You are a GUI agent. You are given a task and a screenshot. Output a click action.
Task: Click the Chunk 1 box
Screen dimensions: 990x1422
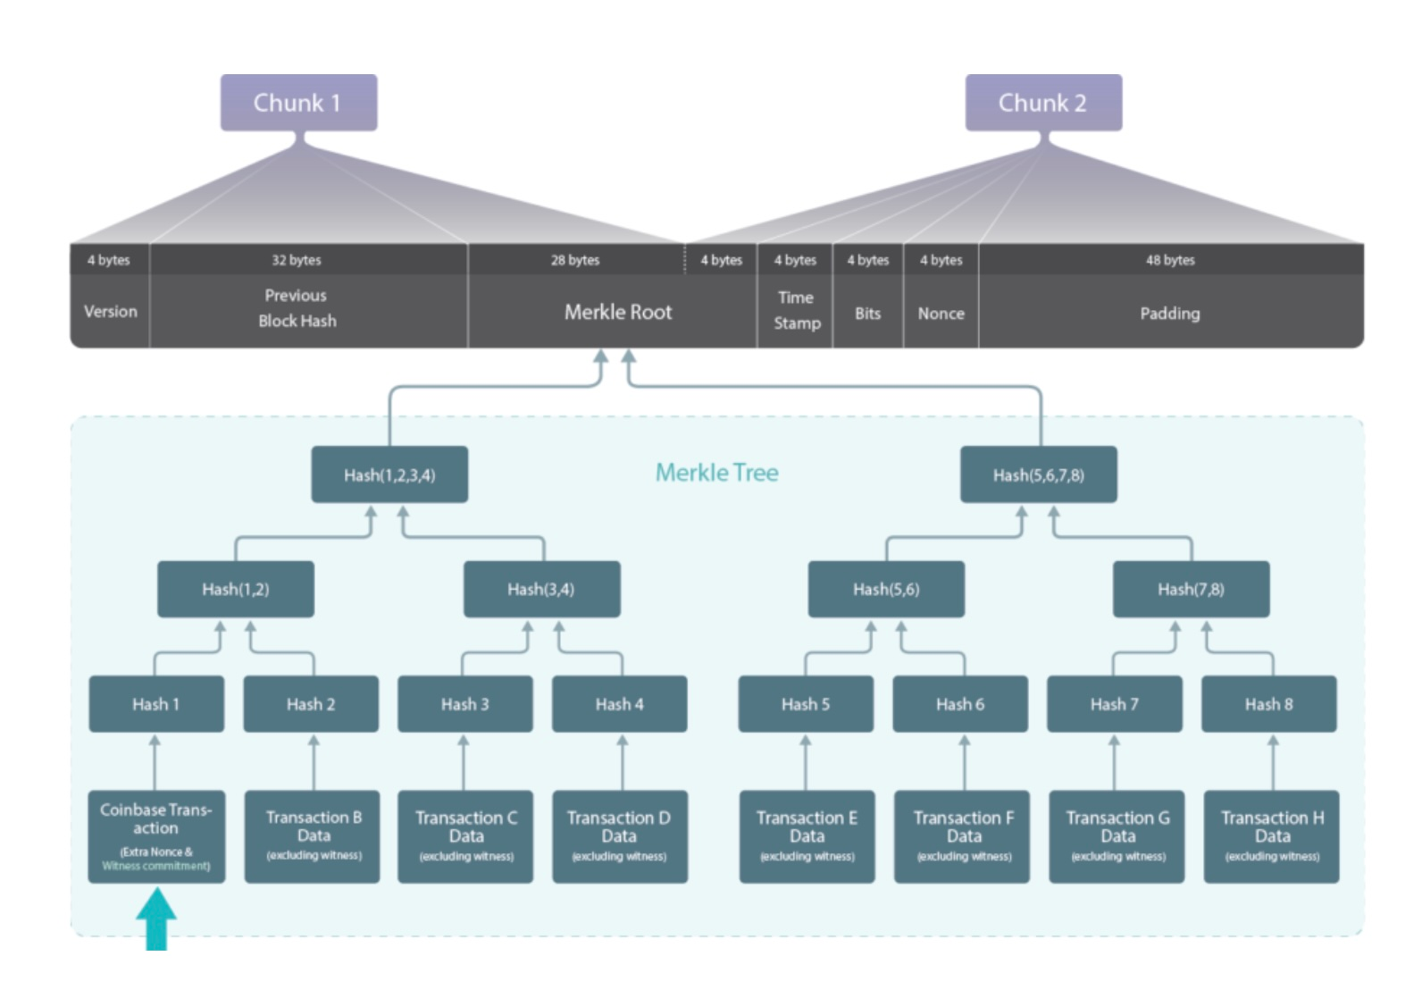pyautogui.click(x=298, y=103)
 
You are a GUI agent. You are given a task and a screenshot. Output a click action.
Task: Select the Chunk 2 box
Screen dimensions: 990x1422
pyautogui.click(x=1042, y=103)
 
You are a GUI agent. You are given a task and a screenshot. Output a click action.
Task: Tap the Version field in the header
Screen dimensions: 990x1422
pyautogui.click(x=111, y=312)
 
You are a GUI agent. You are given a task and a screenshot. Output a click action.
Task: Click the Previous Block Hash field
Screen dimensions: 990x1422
pyautogui.click(x=297, y=308)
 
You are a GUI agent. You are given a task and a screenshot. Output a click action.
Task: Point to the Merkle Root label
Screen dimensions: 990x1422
pyautogui.click(x=617, y=312)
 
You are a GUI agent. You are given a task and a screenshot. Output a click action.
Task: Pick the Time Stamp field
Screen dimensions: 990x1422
pyautogui.click(x=796, y=311)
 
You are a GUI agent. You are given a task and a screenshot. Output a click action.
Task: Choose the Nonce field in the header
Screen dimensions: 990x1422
pyautogui.click(x=941, y=314)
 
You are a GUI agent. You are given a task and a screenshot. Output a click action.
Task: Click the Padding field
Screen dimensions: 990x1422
pyautogui.click(x=1169, y=314)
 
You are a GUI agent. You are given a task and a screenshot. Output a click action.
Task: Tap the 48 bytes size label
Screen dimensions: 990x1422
pyautogui.click(x=1170, y=260)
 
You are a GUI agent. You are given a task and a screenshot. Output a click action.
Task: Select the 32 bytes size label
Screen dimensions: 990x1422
pyautogui.click(x=297, y=260)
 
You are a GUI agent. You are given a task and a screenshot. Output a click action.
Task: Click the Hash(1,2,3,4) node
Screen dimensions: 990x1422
pyautogui.click(x=389, y=474)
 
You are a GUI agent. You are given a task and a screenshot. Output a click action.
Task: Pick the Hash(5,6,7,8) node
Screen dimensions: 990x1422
pyautogui.click(x=1038, y=474)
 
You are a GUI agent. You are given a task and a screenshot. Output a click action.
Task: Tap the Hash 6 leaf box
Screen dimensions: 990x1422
pyautogui.click(x=959, y=704)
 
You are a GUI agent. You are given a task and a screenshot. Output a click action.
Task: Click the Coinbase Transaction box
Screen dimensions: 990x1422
pyautogui.click(x=156, y=836)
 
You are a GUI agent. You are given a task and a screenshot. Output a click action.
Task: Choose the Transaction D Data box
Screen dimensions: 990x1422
pyautogui.click(x=619, y=836)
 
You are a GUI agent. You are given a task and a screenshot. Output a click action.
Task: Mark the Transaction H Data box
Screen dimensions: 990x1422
pyautogui.click(x=1271, y=836)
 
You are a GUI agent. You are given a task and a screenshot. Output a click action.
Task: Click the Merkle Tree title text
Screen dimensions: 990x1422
pyautogui.click(x=716, y=473)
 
